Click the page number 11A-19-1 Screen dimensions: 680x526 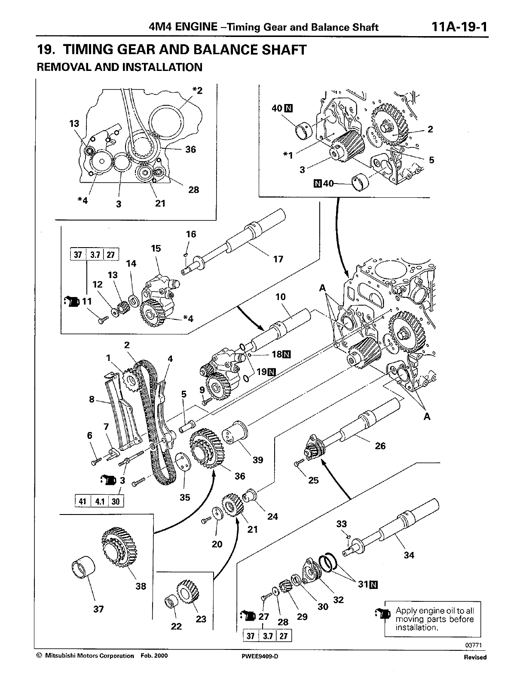click(x=459, y=27)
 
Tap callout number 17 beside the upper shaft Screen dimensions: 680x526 click(x=278, y=259)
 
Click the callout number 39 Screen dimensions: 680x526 click(x=257, y=460)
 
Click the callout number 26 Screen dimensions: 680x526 click(x=380, y=446)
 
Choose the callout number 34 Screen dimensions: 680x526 click(x=409, y=555)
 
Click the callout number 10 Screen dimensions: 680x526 click(x=280, y=297)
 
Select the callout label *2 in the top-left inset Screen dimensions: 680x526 click(x=197, y=90)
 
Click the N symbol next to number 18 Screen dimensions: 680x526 click(x=286, y=355)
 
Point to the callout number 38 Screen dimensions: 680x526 click(x=141, y=586)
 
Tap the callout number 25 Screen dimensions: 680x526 click(x=313, y=480)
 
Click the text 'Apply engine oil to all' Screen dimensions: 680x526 click(x=434, y=610)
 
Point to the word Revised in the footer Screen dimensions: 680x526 click(x=475, y=657)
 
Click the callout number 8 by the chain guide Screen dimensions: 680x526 click(x=92, y=399)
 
